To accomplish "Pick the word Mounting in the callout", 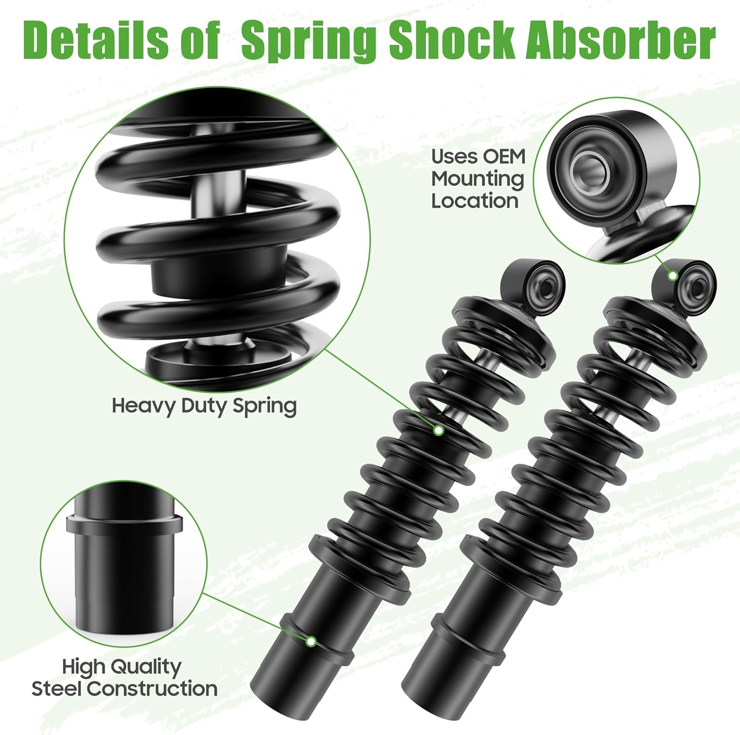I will coord(477,179).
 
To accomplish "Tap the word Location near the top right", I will coord(475,201).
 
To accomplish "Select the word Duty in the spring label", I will coord(204,406).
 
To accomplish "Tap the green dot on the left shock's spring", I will coord(438,430).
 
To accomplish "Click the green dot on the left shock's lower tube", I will coord(311,641).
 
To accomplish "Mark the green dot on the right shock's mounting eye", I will coord(672,276).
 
